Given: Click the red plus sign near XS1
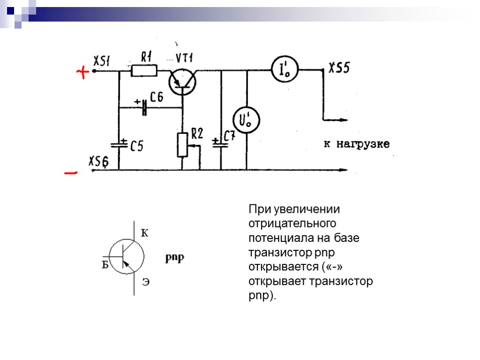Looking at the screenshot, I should (82, 73).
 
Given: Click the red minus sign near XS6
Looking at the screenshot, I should (70, 173).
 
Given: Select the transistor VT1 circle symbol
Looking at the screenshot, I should (182, 80).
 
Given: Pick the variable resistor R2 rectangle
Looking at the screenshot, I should (183, 144).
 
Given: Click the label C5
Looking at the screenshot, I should (136, 147).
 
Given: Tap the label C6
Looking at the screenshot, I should (157, 97).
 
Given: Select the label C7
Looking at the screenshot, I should (229, 136).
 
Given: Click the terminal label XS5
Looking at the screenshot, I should (338, 68).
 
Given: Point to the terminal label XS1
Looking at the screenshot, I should (102, 60).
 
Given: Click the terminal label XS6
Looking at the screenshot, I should (98, 162).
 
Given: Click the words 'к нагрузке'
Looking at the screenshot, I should (357, 144).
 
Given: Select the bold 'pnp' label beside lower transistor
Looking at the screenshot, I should (175, 257).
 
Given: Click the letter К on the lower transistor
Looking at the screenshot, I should (144, 233).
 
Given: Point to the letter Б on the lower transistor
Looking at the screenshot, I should (105, 265).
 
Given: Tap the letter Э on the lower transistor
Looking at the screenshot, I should (146, 282).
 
